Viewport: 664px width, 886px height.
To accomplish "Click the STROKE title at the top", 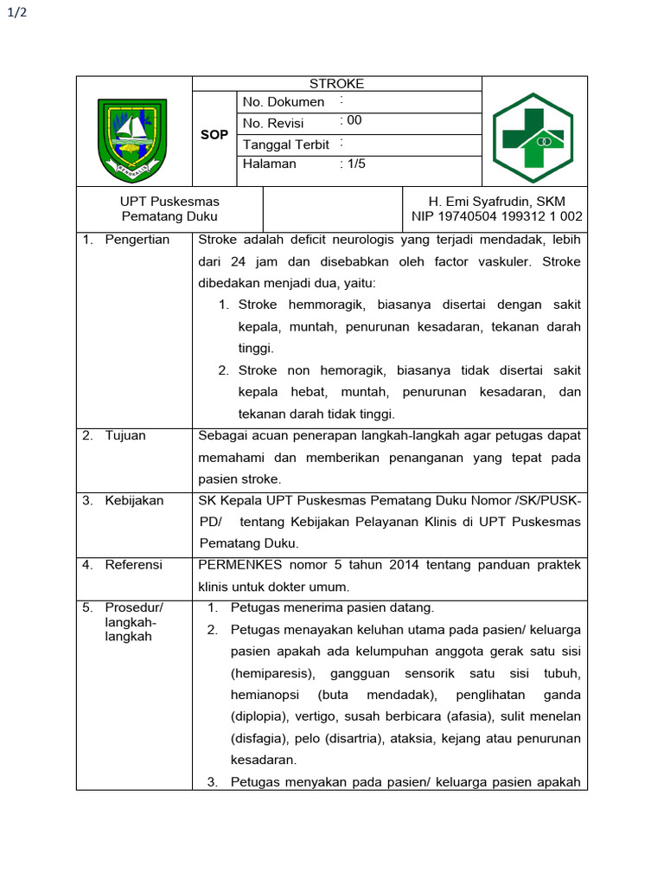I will click(337, 84).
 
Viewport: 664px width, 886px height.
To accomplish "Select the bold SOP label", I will click(214, 135).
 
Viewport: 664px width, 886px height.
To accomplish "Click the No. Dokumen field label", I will click(284, 102).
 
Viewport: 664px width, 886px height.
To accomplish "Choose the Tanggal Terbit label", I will click(286, 144).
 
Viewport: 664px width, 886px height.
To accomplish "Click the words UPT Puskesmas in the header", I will click(169, 202).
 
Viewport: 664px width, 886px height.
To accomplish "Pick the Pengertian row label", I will click(137, 240).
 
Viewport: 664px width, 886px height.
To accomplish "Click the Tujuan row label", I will click(125, 435).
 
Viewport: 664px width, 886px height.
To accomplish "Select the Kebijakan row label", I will click(134, 500).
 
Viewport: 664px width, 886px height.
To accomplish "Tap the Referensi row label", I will click(133, 565).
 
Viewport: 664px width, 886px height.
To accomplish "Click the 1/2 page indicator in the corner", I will click(17, 23).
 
